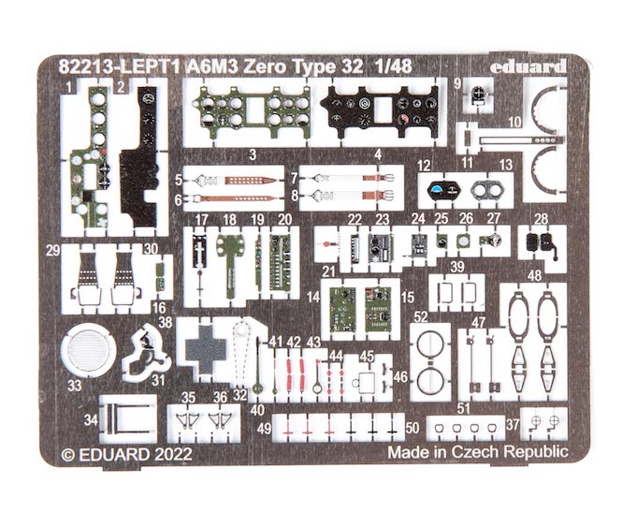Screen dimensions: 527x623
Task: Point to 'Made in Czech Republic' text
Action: pos(477,451)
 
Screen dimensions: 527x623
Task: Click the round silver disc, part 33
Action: pos(88,351)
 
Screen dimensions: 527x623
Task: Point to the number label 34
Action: pos(91,421)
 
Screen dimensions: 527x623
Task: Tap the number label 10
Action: pos(514,123)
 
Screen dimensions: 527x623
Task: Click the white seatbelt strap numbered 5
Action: pos(234,177)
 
